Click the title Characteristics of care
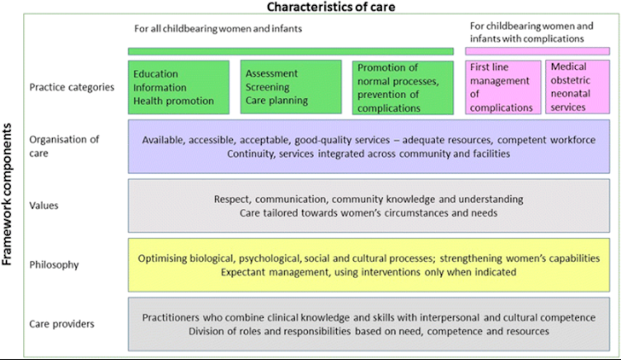pos(331,7)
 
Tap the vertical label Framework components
pos(7,194)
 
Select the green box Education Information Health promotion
pos(179,87)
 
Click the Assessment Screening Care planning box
pos(291,86)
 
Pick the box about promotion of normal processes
pos(403,87)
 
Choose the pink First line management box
pos(503,87)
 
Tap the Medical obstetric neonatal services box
pos(577,86)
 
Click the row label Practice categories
pos(72,87)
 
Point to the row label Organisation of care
pos(64,146)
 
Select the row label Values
pos(44,206)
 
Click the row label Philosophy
pos(54,264)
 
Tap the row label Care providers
pos(62,324)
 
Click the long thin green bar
pos(291,51)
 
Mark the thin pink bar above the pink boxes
pos(538,51)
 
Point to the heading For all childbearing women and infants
pos(217,29)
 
